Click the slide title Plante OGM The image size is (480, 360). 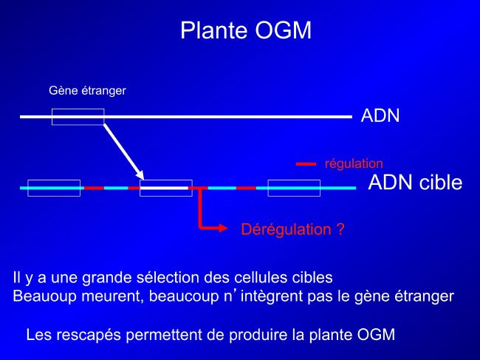[x=246, y=30]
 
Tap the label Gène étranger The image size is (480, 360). [x=88, y=91]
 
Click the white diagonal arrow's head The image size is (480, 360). [x=140, y=175]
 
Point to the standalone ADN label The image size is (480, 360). [x=380, y=116]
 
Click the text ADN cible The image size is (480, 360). [x=415, y=183]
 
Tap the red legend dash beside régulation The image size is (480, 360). [x=306, y=164]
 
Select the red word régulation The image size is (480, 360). [x=354, y=164]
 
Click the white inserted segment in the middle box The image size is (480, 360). [x=164, y=188]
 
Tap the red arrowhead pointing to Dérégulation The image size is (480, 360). [x=223, y=228]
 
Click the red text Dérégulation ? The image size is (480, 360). [x=293, y=229]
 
